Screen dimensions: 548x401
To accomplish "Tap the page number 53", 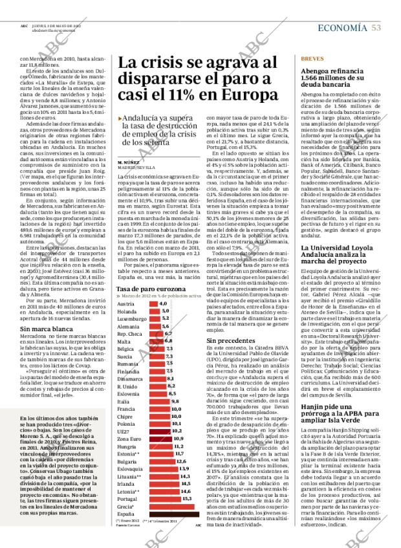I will (376, 27).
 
